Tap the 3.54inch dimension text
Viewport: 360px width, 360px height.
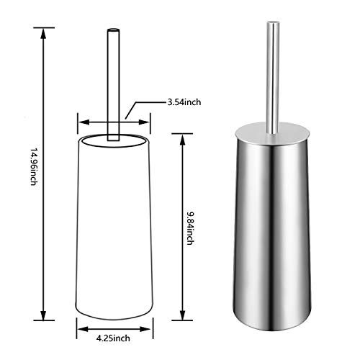(184, 103)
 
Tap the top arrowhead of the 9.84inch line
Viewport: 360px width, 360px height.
(181, 133)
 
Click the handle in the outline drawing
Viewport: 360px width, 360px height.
(113, 79)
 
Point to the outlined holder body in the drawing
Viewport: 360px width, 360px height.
(113, 223)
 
